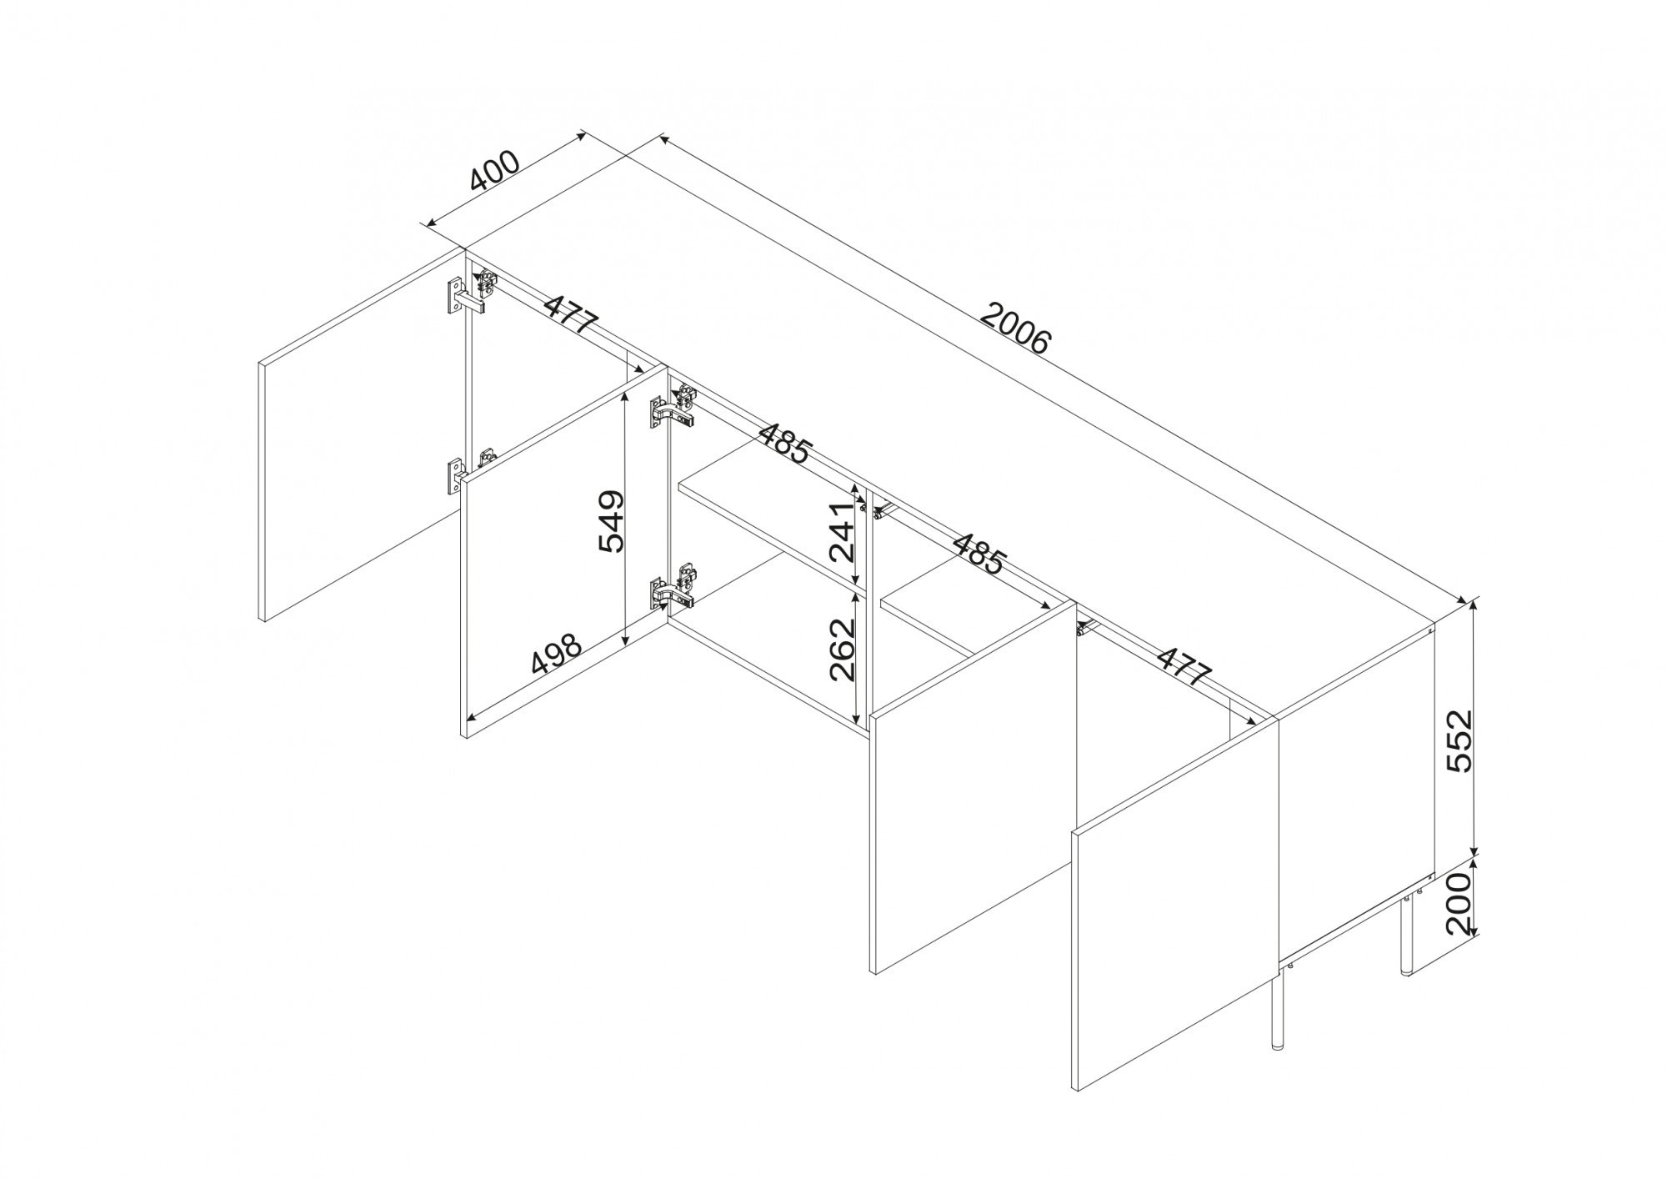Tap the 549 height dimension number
pyautogui.click(x=611, y=522)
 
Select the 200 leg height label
pyautogui.click(x=1461, y=904)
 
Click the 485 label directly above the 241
pyautogui.click(x=784, y=444)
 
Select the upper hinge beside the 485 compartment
pyautogui.click(x=673, y=408)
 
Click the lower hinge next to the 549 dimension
pyautogui.click(x=673, y=586)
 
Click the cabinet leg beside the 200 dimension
pyautogui.click(x=1406, y=935)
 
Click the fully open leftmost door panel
pyautogui.click(x=363, y=434)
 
